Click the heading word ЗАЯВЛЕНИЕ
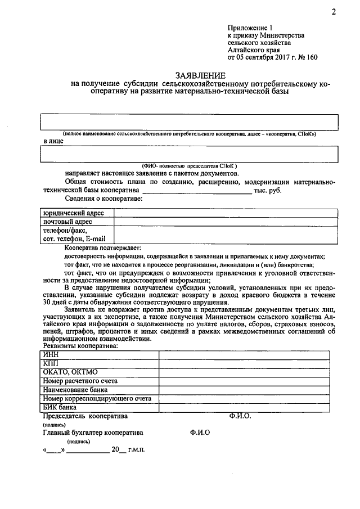(201, 75)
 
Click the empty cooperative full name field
(188, 122)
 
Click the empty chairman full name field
(188, 154)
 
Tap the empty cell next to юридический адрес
(226, 214)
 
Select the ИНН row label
(51, 354)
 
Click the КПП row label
(51, 363)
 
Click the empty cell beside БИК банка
(247, 407)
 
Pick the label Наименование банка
(75, 389)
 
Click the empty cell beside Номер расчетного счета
(247, 381)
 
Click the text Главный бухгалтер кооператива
(93, 433)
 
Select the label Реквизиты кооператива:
(81, 346)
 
